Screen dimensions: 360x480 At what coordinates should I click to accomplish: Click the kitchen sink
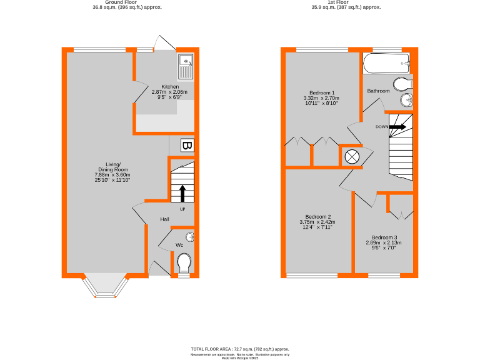pyautogui.click(x=186, y=65)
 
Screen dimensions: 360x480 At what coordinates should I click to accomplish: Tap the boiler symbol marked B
pyautogui.click(x=186, y=146)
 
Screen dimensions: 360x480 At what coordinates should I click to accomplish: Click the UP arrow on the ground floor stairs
pyautogui.click(x=182, y=192)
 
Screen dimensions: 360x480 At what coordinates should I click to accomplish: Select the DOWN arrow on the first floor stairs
pyautogui.click(x=397, y=127)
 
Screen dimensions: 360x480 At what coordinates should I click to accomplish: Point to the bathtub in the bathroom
pyautogui.click(x=386, y=63)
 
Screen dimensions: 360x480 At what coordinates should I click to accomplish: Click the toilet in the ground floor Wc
pyautogui.click(x=184, y=262)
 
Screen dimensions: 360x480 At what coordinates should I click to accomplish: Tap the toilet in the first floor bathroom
pyautogui.click(x=404, y=84)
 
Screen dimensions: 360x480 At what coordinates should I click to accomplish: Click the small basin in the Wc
pyautogui.click(x=190, y=236)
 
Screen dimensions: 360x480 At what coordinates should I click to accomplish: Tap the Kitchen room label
pyautogui.click(x=170, y=87)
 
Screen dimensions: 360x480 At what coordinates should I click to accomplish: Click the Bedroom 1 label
pyautogui.click(x=320, y=92)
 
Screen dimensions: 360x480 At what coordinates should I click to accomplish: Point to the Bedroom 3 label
pyautogui.click(x=384, y=237)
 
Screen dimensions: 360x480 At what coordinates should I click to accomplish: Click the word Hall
pyautogui.click(x=164, y=219)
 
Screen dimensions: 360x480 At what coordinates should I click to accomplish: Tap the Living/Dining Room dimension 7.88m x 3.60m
pyautogui.click(x=111, y=175)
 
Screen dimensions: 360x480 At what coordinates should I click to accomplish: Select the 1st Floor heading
pyautogui.click(x=346, y=2)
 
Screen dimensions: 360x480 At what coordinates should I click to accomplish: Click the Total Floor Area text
pyautogui.click(x=240, y=349)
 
